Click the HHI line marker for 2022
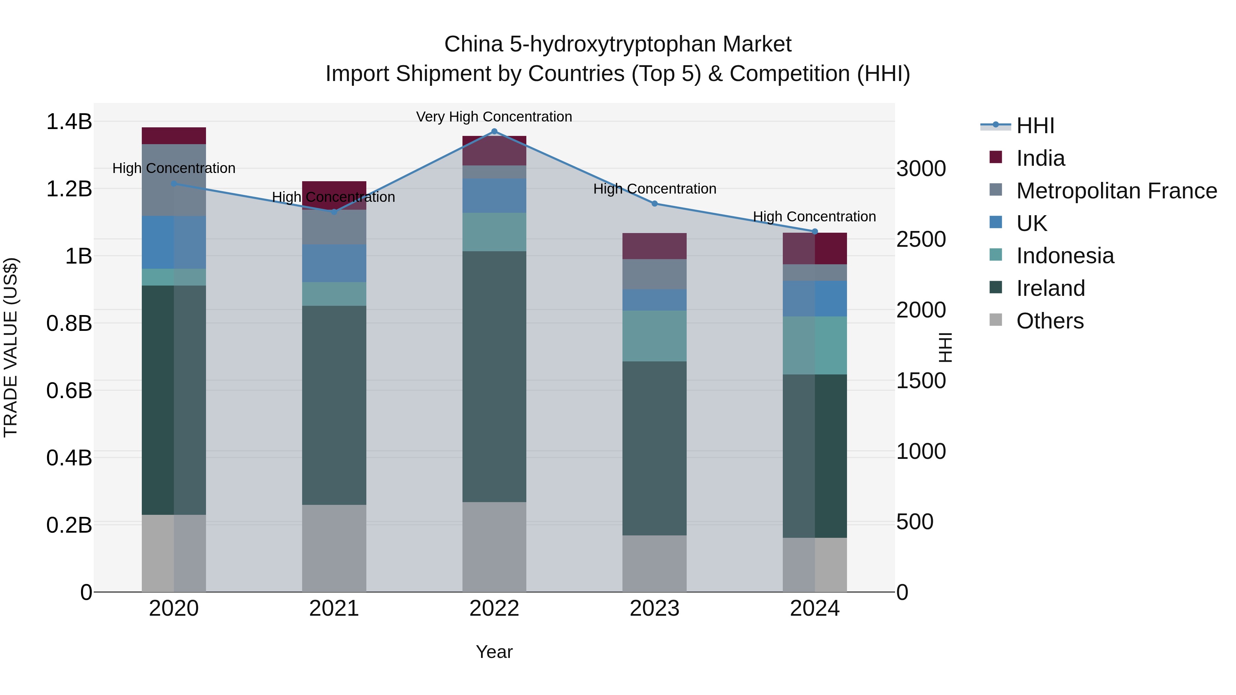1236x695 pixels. [x=494, y=131]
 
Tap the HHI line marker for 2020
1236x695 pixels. [x=174, y=183]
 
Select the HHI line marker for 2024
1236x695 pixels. [x=815, y=231]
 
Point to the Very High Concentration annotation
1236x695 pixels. [x=494, y=117]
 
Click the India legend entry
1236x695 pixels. [x=1040, y=158]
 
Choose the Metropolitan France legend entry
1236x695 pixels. [x=1116, y=191]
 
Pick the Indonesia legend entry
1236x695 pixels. [x=1065, y=256]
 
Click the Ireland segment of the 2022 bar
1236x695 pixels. [x=494, y=377]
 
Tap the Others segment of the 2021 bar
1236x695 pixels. [x=334, y=548]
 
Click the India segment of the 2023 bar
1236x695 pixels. [x=654, y=246]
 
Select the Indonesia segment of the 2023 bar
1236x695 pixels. [x=654, y=336]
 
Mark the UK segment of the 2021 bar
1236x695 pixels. [x=334, y=263]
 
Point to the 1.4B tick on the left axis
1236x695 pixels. [x=69, y=122]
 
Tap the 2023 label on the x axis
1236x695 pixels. [x=654, y=609]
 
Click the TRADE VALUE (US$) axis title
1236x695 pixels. [x=11, y=347]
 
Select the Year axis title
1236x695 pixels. [x=494, y=652]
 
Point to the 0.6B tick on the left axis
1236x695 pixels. [x=69, y=391]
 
